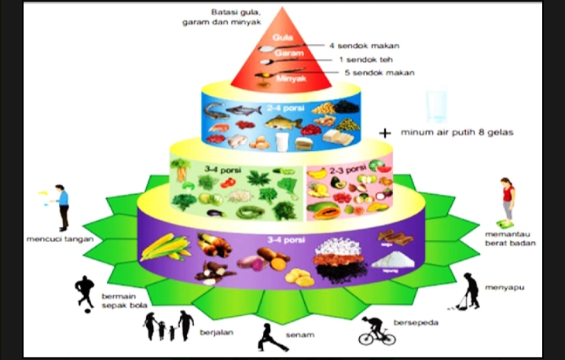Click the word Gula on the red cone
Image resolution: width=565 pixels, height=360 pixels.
[281, 38]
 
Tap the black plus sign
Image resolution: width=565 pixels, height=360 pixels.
[384, 133]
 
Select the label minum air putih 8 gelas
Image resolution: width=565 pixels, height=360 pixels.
[457, 132]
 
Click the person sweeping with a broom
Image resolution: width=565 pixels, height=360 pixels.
[469, 290]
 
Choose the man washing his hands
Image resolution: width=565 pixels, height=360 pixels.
[61, 206]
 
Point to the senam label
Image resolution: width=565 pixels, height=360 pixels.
[301, 336]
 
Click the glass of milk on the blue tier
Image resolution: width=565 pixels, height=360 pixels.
[281, 141]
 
